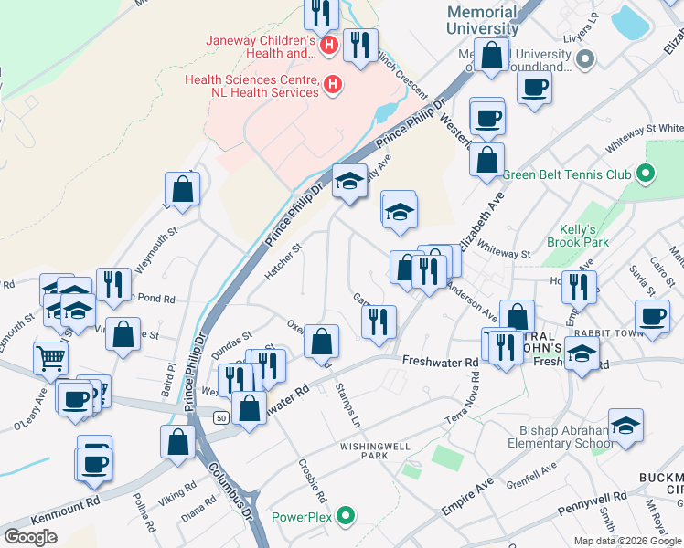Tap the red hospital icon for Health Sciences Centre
point(333,85)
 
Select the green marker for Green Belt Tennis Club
point(647,173)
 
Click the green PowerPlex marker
point(345,516)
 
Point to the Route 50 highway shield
point(221,417)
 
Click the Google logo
point(30,537)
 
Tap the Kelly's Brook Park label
point(578,236)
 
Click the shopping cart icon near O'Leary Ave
point(51,357)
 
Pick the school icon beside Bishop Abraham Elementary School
point(626,426)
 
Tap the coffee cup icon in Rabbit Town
point(653,316)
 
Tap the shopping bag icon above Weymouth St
point(183,189)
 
